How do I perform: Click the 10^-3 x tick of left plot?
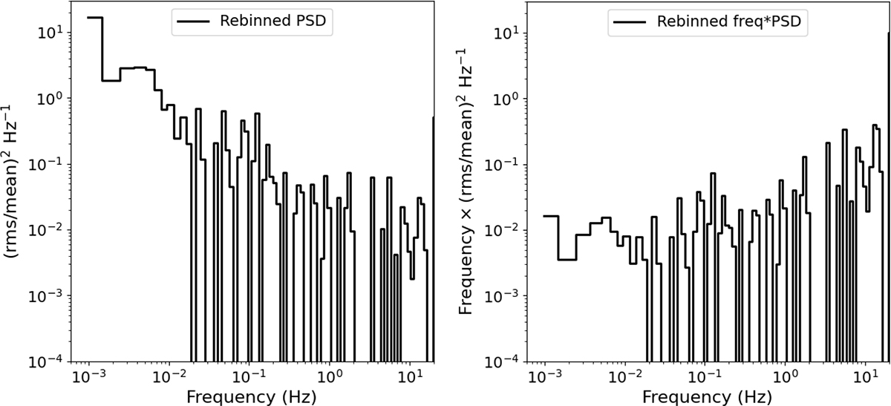click(88, 377)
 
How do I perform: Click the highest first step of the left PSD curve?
click(94, 18)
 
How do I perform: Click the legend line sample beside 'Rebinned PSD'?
click(192, 21)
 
